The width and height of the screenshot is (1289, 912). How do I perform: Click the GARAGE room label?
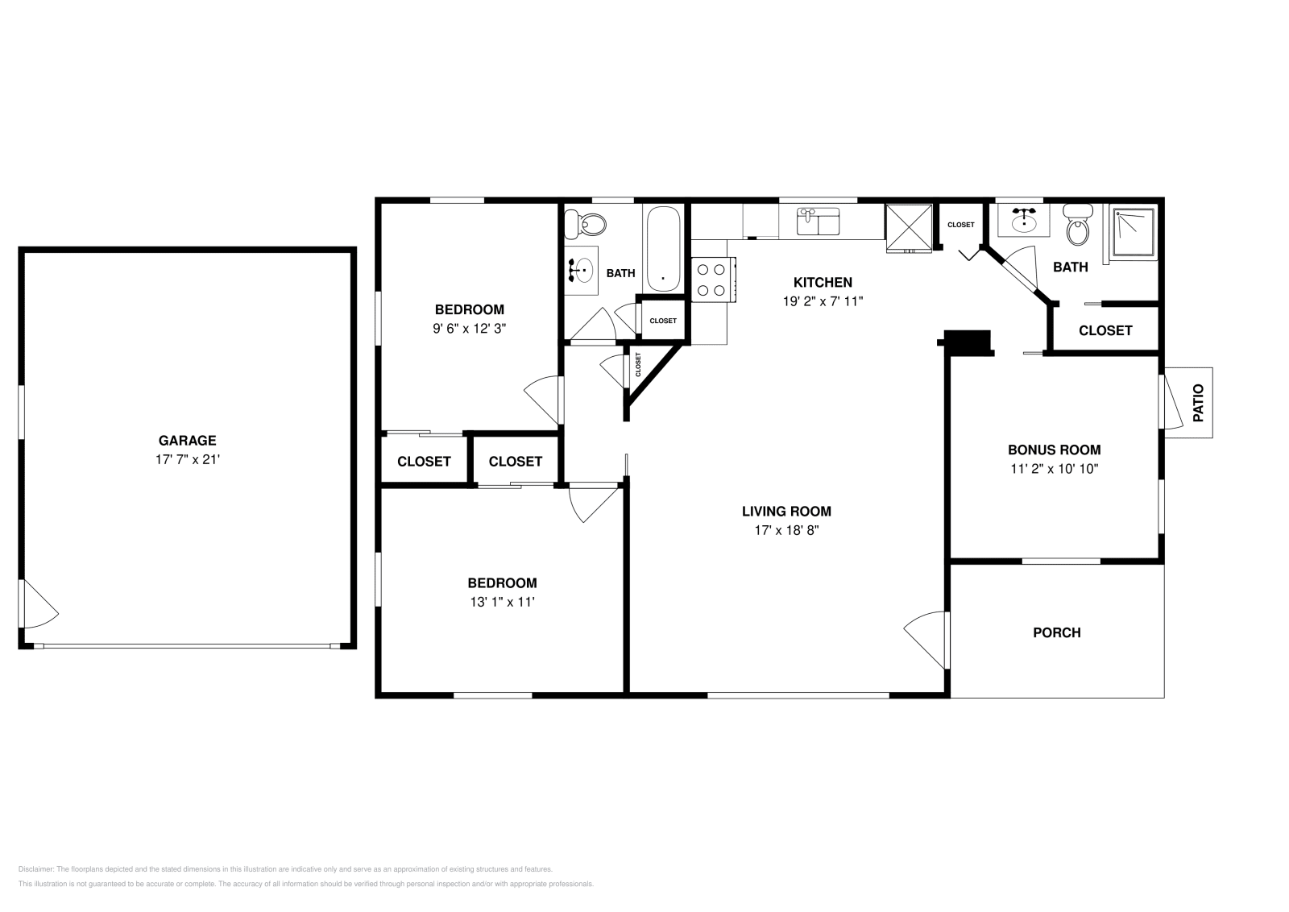tap(187, 441)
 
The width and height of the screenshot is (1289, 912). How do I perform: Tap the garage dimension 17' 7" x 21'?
tap(187, 459)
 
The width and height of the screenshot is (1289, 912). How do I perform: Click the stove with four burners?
tap(713, 280)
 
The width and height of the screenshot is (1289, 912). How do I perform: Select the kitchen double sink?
tap(818, 222)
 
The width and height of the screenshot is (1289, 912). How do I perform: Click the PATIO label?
tap(1198, 403)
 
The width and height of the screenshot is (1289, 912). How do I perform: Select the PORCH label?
tap(1056, 632)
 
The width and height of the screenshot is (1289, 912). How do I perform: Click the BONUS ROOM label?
tap(1054, 450)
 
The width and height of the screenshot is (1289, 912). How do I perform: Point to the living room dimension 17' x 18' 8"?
tap(786, 530)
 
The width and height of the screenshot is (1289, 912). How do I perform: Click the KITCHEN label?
tap(823, 282)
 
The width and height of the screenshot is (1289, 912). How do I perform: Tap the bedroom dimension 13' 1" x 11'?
tap(502, 602)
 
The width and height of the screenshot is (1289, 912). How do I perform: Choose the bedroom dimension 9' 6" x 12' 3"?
tap(469, 328)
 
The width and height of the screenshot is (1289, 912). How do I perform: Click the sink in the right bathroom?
tap(1024, 218)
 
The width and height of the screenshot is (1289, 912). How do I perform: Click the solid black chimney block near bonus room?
tap(967, 342)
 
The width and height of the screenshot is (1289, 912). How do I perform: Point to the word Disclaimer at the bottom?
tap(35, 869)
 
